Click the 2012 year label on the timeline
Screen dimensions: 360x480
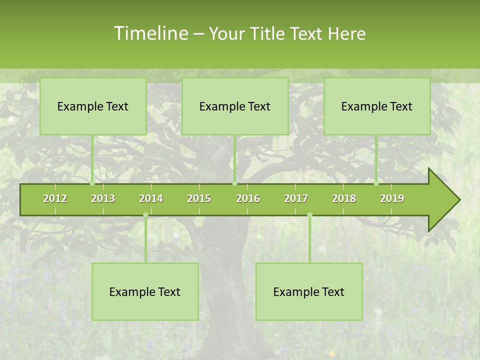[x=55, y=198]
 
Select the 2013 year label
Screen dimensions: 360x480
[x=103, y=198]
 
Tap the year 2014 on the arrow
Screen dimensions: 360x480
[x=151, y=198]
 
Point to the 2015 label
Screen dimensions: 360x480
[x=199, y=198]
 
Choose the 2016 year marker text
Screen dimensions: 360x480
[x=248, y=198]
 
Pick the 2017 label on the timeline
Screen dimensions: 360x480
[x=296, y=198]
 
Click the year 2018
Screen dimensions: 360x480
[x=344, y=198]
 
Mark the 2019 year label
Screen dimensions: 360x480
[x=392, y=198]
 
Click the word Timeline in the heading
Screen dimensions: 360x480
[x=150, y=33]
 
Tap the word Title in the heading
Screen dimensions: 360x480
[x=267, y=34]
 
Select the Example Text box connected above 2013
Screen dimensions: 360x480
[x=93, y=106]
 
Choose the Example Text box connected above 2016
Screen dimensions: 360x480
[x=235, y=106]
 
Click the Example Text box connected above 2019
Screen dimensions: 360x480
[x=377, y=106]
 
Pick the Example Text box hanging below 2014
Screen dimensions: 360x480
[x=145, y=291]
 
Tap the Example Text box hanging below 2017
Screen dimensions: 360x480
[x=309, y=291]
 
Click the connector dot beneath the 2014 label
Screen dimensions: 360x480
[x=145, y=215]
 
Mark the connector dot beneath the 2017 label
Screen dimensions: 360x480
[x=309, y=215]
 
